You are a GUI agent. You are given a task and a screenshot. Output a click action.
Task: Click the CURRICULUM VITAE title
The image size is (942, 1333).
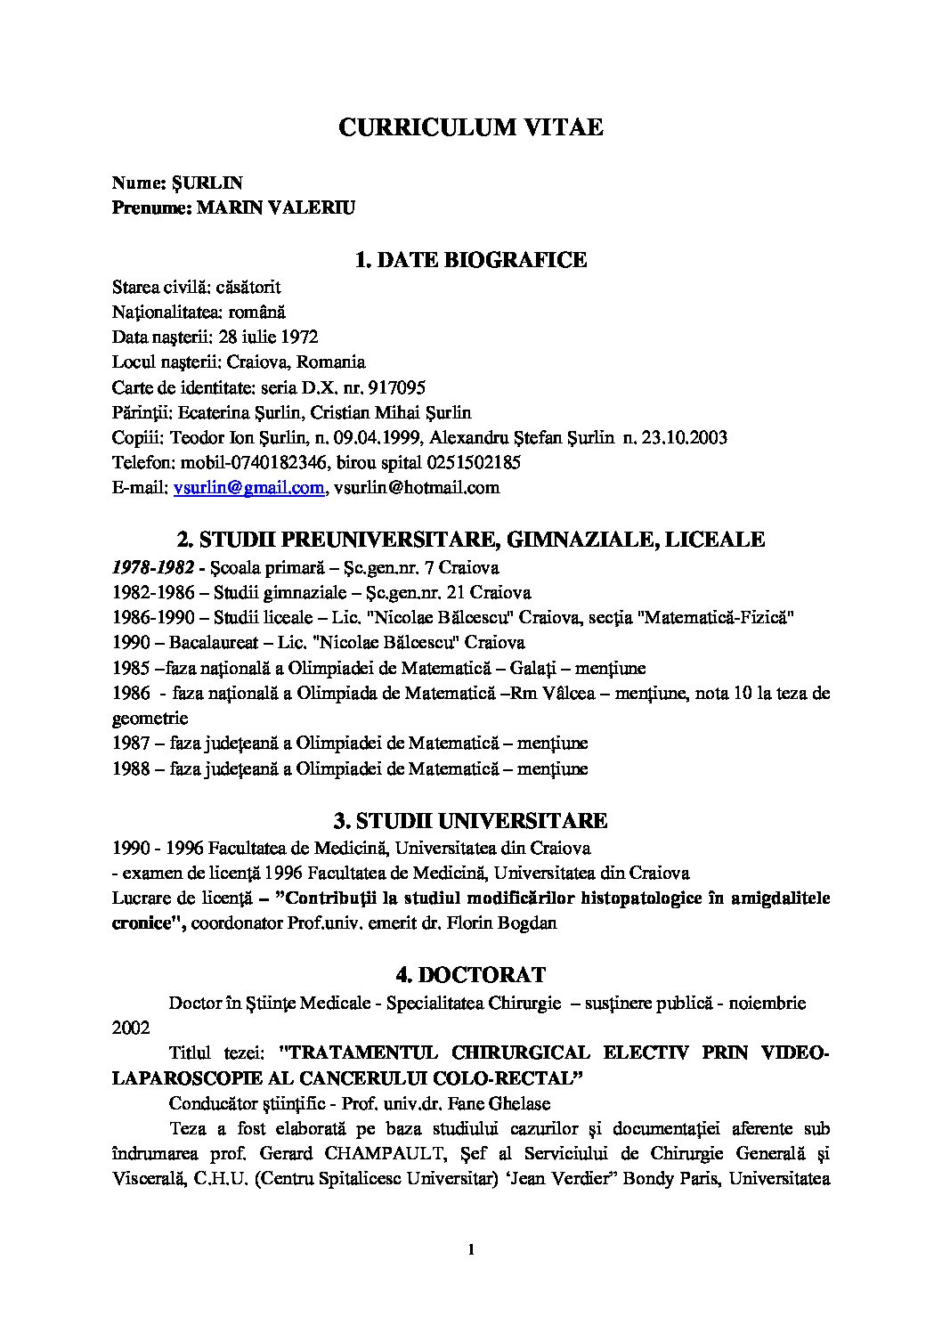pos(470,127)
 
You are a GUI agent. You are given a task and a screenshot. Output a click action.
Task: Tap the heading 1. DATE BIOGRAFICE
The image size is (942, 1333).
pos(470,260)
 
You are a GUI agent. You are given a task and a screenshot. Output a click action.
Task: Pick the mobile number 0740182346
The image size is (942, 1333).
pos(258,462)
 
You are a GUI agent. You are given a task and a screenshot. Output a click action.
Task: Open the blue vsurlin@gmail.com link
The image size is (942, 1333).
pos(248,487)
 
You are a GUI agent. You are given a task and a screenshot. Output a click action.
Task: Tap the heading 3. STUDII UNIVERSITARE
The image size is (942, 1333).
pos(470,820)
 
